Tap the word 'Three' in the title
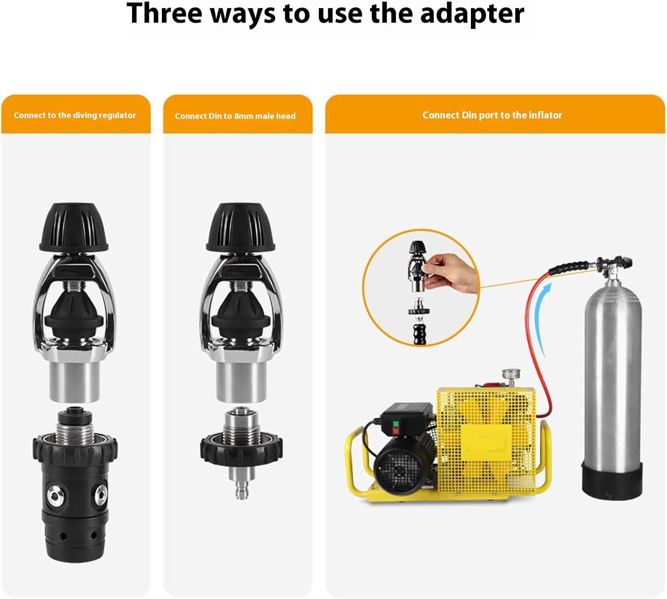click(x=164, y=13)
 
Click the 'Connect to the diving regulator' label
click(x=75, y=115)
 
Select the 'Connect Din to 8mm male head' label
click(x=235, y=116)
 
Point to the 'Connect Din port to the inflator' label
click(x=492, y=115)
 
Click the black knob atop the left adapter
click(x=74, y=227)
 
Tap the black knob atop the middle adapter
click(x=241, y=227)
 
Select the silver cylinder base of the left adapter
click(x=74, y=382)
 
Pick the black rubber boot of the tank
click(x=612, y=481)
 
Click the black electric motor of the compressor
click(x=402, y=461)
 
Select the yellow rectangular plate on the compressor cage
click(x=486, y=438)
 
